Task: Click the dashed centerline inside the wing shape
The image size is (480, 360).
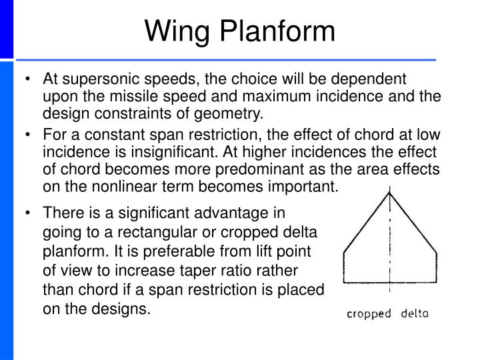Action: click(x=389, y=253)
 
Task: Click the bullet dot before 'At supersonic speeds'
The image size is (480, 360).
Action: click(x=26, y=80)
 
